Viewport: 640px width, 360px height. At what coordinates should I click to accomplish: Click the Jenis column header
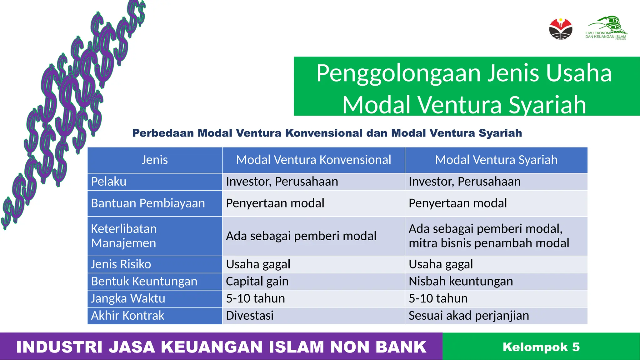tap(155, 160)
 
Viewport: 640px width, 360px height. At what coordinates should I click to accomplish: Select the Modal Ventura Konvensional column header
tap(313, 160)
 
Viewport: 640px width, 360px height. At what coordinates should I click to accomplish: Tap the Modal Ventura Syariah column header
tap(496, 160)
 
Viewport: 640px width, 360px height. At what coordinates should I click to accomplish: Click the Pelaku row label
tap(109, 182)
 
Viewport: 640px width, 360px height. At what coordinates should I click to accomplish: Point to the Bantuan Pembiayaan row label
tap(148, 203)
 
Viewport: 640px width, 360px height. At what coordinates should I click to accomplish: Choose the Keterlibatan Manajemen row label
tap(124, 236)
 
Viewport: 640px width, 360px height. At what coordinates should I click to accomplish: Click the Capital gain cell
tap(257, 281)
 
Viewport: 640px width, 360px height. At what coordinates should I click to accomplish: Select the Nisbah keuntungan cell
tap(461, 281)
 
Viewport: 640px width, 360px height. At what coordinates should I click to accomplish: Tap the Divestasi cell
tap(250, 316)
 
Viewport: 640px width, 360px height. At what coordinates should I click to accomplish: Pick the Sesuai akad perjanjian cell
tap(469, 316)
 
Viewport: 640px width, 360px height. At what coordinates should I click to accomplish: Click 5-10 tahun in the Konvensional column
tap(255, 298)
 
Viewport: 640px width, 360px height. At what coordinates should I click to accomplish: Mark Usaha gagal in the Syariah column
tap(441, 264)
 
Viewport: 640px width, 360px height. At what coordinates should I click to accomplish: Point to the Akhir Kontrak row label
tap(127, 316)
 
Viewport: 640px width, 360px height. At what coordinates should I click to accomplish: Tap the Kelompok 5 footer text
tap(541, 347)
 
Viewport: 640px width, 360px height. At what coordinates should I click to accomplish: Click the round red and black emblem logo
tap(561, 29)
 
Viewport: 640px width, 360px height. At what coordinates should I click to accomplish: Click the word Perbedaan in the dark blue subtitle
tap(163, 133)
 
